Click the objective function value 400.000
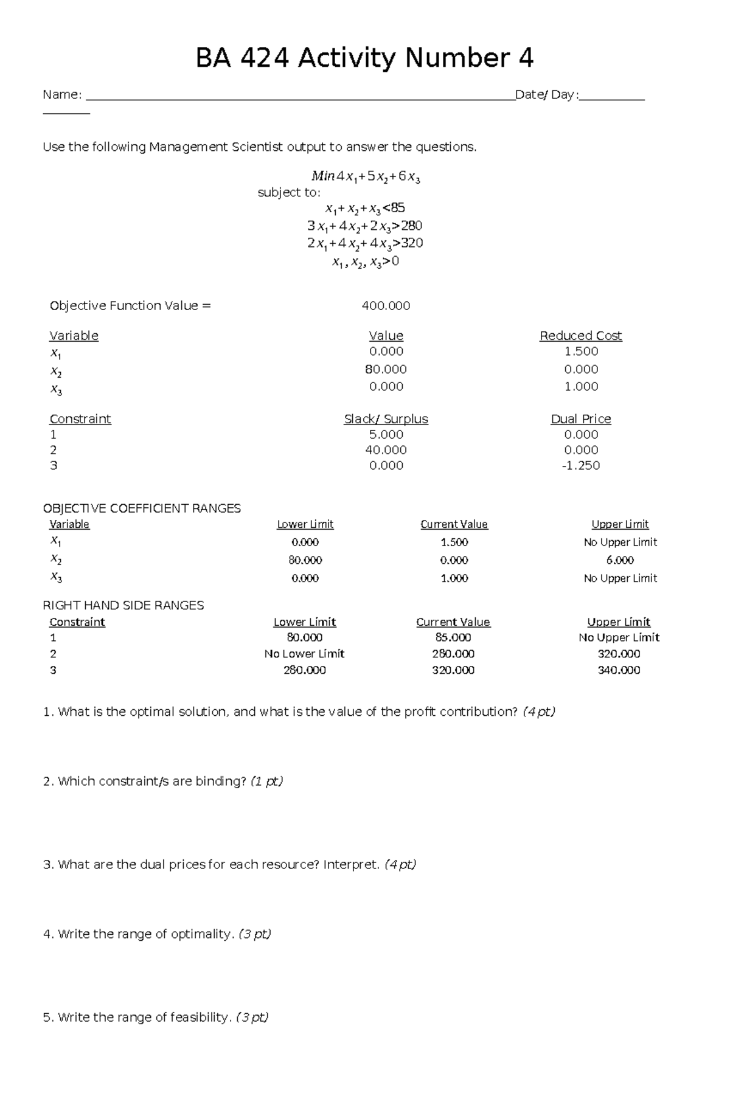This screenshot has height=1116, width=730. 386,306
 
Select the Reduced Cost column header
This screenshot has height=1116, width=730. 580,336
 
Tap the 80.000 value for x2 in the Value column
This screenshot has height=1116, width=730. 386,369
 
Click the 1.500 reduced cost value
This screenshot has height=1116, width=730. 581,352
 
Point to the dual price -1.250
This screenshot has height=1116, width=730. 581,466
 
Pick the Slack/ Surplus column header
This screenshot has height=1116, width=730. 386,419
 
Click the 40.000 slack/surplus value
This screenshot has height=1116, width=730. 386,450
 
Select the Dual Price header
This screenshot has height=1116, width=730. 580,419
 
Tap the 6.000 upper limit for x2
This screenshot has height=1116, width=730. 620,560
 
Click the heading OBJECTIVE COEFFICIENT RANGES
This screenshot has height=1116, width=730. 142,508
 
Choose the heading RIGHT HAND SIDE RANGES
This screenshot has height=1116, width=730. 123,606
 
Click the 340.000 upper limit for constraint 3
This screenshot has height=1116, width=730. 619,670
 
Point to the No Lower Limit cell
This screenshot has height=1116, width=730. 304,654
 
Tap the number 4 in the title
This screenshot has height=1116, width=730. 526,58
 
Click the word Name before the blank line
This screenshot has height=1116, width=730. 61,95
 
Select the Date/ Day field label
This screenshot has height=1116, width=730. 545,95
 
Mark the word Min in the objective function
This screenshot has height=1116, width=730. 322,177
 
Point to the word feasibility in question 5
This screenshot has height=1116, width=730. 200,1017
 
